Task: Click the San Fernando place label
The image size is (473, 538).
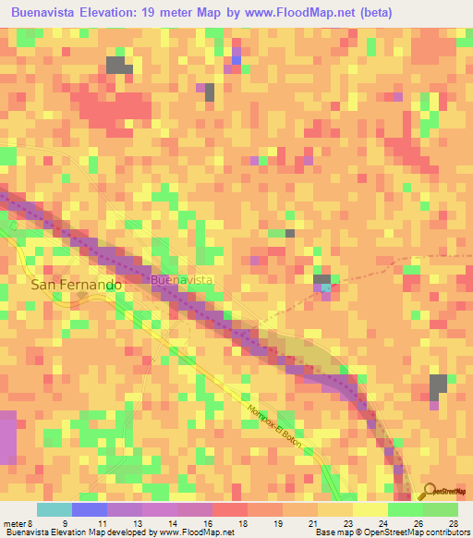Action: click(x=77, y=286)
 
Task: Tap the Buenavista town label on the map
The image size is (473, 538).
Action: click(x=182, y=279)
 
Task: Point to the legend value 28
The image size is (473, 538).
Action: click(x=453, y=524)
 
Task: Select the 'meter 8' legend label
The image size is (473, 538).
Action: click(x=16, y=524)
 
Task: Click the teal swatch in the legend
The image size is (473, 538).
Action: click(x=55, y=509)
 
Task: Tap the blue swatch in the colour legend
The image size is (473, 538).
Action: click(x=90, y=509)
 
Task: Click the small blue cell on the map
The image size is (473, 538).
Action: click(x=236, y=59)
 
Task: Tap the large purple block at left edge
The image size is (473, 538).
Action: click(x=8, y=437)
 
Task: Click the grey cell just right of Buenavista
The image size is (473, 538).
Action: click(x=321, y=279)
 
